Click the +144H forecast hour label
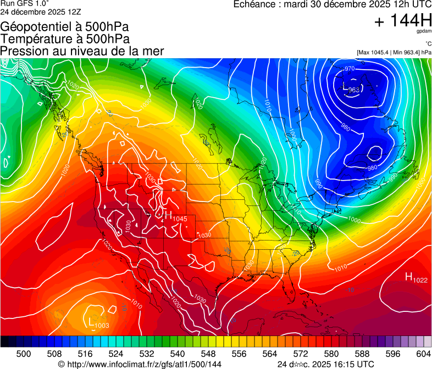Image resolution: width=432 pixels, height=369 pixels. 402,21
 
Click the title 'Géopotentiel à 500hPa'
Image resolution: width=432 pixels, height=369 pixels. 65,26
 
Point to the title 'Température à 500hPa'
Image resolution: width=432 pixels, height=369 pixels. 65,38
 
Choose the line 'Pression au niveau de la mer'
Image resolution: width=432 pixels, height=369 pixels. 82,51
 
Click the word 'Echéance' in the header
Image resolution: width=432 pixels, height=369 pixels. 254,4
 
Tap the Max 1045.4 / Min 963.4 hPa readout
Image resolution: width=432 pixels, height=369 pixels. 394,52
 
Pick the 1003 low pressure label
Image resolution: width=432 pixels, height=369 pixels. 102,326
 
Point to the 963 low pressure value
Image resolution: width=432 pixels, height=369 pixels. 355,90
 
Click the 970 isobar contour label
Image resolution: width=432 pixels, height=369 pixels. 350,69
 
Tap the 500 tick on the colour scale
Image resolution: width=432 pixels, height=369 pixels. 24,354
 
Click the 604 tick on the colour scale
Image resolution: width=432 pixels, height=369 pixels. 423,354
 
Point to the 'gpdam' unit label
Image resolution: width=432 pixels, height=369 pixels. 424,31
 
